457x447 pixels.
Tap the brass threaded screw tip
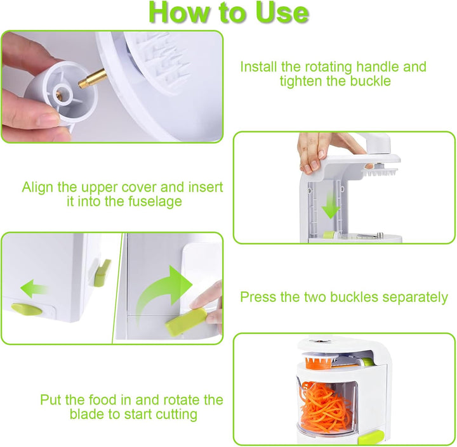tap(92, 79)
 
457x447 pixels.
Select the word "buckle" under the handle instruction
tap(371, 81)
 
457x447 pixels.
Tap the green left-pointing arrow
tap(34, 288)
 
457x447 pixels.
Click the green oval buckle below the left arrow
tap(27, 309)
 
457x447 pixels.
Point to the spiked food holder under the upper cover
tap(380, 172)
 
